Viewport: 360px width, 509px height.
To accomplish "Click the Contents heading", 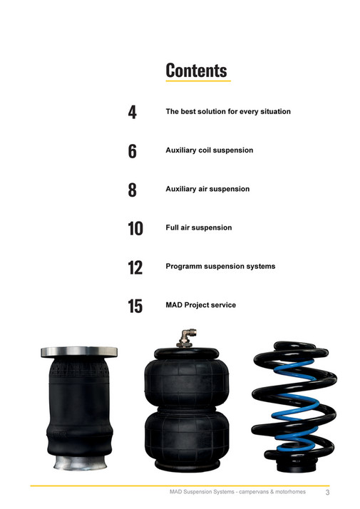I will pos(196,70).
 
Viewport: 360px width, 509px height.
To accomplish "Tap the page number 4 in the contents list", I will pos(133,113).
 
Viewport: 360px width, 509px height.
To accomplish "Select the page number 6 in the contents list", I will pos(133,151).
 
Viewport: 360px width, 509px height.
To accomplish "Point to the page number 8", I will pos(133,190).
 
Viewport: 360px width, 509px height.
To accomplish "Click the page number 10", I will pos(135,229).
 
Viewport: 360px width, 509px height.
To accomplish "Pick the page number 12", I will pos(135,267).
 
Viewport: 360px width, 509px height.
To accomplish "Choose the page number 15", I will pos(135,307).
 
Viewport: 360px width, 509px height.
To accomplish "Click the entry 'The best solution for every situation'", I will pos(227,112).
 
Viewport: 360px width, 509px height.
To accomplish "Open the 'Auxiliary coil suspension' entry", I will pos(209,150).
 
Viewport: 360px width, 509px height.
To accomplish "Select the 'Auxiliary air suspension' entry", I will pos(207,189).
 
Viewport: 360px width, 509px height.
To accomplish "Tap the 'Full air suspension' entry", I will pos(198,227).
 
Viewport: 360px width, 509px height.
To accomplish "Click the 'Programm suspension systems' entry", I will pos(220,266).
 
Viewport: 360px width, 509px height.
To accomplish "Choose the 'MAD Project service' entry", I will pos(200,305).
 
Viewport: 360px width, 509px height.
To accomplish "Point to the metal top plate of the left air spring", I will pos(78,351).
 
